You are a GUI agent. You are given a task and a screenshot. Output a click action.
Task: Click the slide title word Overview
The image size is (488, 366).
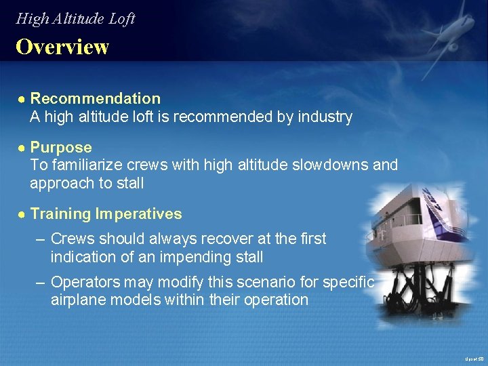(62, 47)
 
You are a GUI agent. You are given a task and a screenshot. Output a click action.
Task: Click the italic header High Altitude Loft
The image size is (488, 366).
(75, 18)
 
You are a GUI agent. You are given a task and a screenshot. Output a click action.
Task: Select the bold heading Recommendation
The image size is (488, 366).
(96, 99)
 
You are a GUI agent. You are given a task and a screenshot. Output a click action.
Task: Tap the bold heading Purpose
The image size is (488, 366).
(61, 148)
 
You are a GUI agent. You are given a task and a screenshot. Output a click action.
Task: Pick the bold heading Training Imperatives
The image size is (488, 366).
(106, 214)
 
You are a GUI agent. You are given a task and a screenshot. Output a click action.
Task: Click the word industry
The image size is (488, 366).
(324, 117)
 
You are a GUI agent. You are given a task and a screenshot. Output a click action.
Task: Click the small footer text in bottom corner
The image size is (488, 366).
(474, 359)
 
